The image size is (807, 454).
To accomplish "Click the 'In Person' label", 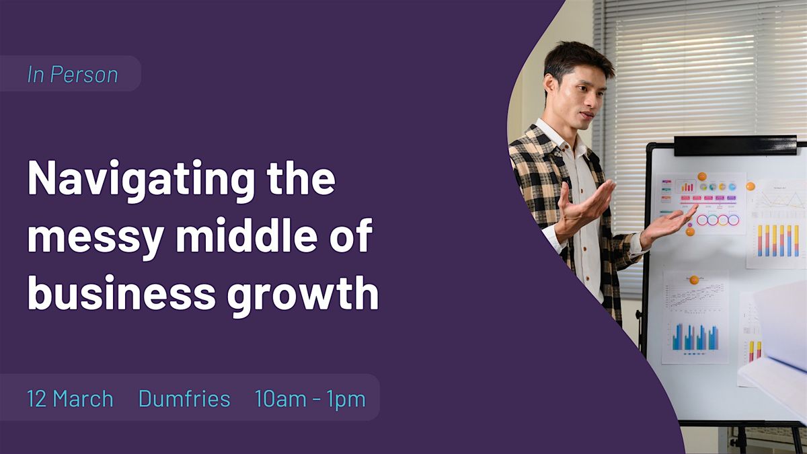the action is coord(73,75).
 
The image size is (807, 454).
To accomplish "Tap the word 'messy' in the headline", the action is coord(95,239).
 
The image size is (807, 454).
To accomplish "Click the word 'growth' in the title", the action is coord(303,296).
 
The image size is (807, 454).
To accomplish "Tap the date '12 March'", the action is coord(70,398).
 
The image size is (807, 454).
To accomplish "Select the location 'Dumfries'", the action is coord(184,398).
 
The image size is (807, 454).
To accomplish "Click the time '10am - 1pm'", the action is coord(310,400).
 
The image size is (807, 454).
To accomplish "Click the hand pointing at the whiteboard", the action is coord(668,225).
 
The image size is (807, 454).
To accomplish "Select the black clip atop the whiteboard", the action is coord(735,145).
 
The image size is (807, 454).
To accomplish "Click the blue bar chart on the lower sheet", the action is coord(695,337).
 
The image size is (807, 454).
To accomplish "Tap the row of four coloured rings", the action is coord(718,220).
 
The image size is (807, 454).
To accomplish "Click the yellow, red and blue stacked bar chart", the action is coord(778,241).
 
